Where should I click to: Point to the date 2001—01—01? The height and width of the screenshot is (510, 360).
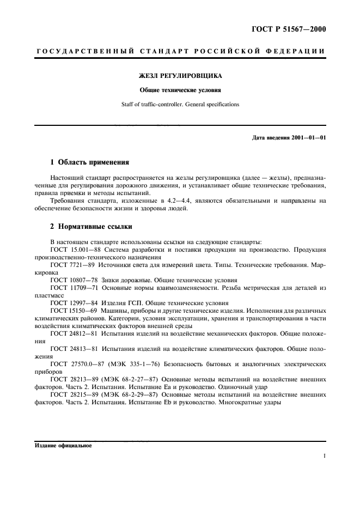point(307,137)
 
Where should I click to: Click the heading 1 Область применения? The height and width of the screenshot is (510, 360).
point(89,162)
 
